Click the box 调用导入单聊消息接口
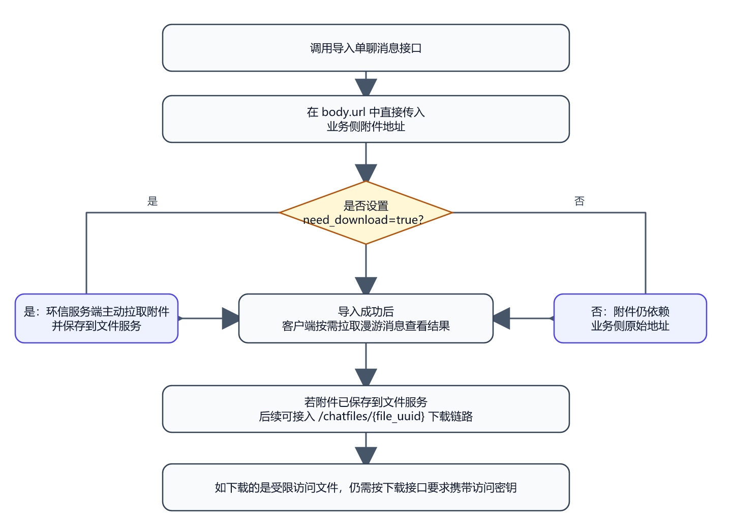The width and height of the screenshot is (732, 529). (x=365, y=48)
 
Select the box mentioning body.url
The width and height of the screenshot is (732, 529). (x=365, y=119)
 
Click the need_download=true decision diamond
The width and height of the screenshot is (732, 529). (x=365, y=213)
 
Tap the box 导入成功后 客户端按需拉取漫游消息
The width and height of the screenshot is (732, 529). (x=365, y=318)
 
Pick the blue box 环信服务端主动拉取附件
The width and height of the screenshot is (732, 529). (x=97, y=318)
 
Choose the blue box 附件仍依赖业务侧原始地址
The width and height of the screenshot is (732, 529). (x=630, y=318)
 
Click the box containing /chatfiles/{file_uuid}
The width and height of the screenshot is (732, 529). (x=365, y=409)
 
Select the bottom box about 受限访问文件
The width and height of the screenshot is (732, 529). (x=365, y=487)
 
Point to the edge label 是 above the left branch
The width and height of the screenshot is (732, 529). (x=152, y=201)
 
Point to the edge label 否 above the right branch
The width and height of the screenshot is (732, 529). (x=579, y=201)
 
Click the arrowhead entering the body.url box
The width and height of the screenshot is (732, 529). (x=366, y=87)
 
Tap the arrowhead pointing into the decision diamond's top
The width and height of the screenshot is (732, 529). (x=366, y=172)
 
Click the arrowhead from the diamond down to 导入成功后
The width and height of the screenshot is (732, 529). (x=366, y=286)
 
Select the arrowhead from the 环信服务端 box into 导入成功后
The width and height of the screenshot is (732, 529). (x=230, y=318)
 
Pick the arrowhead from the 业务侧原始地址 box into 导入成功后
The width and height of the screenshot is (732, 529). (x=502, y=318)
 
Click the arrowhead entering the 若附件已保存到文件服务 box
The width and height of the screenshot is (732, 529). (x=366, y=377)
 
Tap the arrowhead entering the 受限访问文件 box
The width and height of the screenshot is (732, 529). (x=366, y=455)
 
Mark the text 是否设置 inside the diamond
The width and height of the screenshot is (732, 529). (x=365, y=206)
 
